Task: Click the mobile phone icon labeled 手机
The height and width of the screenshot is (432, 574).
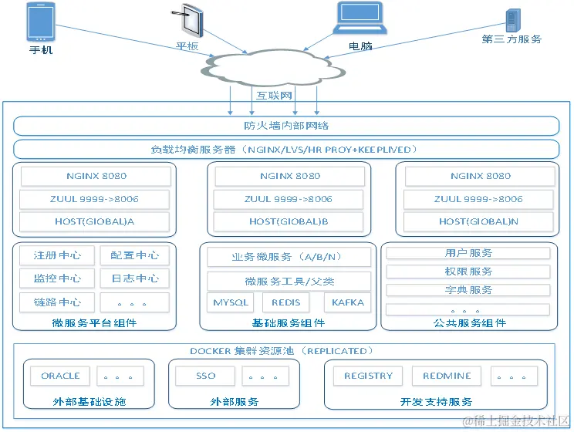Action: (x=41, y=22)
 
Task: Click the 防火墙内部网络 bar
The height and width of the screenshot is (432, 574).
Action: (x=286, y=126)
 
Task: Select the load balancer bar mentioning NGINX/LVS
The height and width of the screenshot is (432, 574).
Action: (x=286, y=149)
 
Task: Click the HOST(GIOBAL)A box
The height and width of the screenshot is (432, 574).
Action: (x=95, y=221)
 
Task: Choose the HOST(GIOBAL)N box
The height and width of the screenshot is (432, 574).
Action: (x=479, y=221)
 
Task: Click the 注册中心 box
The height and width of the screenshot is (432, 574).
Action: (x=57, y=255)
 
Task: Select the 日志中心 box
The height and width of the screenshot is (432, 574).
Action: (x=134, y=278)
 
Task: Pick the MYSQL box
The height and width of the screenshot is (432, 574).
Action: (x=230, y=302)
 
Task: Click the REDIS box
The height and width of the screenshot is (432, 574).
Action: (x=285, y=302)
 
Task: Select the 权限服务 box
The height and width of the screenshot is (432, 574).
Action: (x=468, y=272)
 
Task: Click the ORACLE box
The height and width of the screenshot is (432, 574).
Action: (x=60, y=376)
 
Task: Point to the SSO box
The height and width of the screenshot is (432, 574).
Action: (x=205, y=376)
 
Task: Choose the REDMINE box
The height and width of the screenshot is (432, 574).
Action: (x=447, y=376)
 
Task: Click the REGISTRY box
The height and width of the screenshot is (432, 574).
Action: (x=368, y=376)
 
